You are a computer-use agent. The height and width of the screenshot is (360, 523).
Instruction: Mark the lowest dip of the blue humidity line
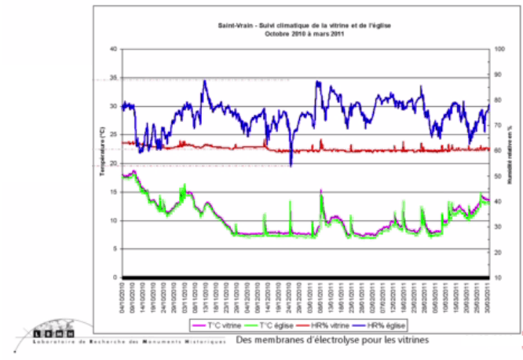(291, 165)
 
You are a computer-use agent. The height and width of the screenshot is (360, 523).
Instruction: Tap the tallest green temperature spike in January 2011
(322, 192)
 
